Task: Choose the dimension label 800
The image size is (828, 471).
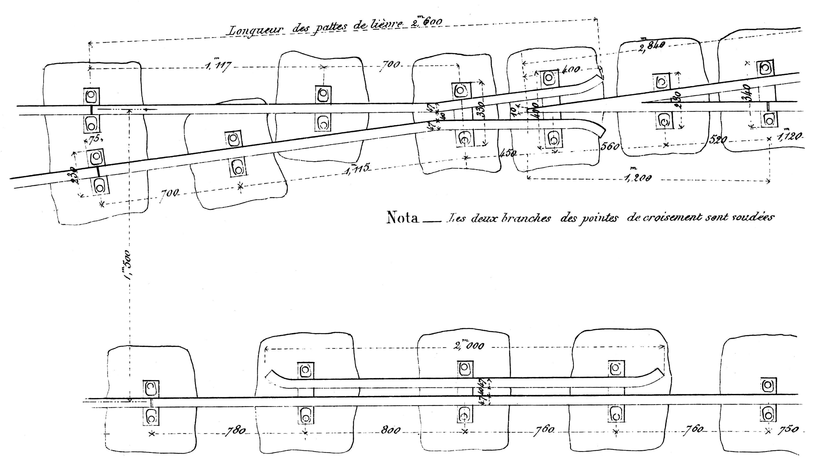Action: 390,431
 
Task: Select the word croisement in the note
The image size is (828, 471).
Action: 676,218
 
